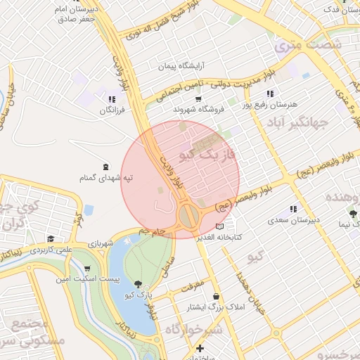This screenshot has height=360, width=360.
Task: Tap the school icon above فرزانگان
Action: coord(112,99)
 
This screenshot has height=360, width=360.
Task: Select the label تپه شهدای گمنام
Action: coord(107,179)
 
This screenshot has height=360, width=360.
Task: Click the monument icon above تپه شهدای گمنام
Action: coord(105,167)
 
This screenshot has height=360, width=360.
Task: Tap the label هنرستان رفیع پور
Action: coord(268,105)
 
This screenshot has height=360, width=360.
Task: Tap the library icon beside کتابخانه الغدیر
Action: coord(221,226)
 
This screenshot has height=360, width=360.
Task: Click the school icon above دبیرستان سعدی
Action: coord(292,209)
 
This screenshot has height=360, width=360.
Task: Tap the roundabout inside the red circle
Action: coord(188,214)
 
